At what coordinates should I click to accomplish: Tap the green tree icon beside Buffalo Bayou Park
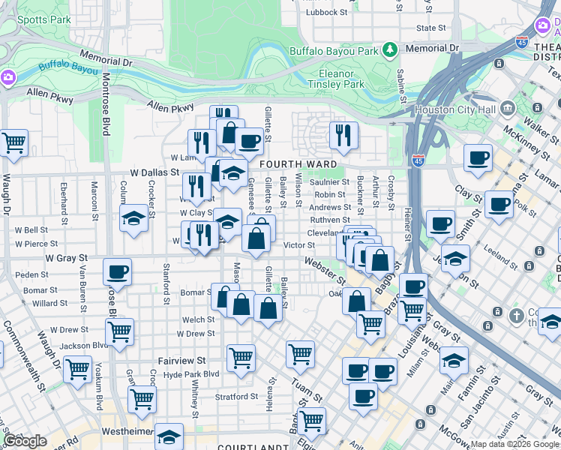(389, 50)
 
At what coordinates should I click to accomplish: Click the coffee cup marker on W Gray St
(117, 271)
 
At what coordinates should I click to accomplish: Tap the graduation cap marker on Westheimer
(169, 436)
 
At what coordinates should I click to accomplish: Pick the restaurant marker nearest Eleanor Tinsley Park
(343, 135)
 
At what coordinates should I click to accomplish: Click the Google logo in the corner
(25, 440)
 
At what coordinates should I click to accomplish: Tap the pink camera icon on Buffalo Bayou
(7, 77)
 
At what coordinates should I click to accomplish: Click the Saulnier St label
(329, 181)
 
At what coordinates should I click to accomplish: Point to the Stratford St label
(237, 396)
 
